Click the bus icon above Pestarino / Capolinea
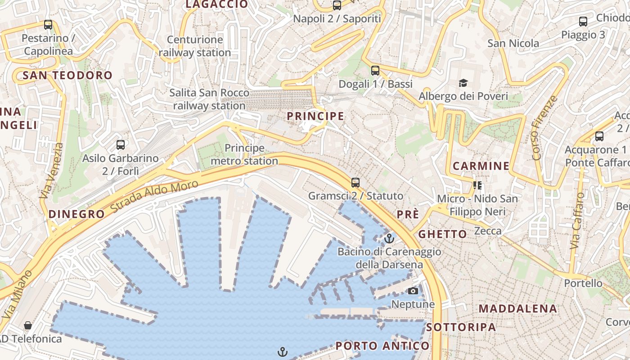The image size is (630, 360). click(48, 25)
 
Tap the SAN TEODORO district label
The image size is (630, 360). click(67, 75)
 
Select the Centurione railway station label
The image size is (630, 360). click(195, 46)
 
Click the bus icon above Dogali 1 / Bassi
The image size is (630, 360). click(375, 71)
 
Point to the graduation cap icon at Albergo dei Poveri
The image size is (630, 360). click(463, 83)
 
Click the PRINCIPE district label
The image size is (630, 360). click(315, 116)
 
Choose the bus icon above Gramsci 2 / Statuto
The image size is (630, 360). click(355, 183)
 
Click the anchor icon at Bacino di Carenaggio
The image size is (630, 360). click(389, 238)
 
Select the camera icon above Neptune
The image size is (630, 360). click(413, 291)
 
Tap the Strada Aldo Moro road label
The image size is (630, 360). click(154, 197)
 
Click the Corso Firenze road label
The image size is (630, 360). click(544, 128)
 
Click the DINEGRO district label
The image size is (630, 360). click(76, 214)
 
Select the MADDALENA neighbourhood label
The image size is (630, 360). click(518, 309)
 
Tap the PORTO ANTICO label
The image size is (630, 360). click(382, 346)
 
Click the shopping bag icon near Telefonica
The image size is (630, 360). click(28, 325)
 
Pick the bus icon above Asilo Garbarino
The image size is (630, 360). click(121, 145)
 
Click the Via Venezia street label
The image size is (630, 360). click(52, 171)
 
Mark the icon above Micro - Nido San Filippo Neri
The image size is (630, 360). click(477, 185)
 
